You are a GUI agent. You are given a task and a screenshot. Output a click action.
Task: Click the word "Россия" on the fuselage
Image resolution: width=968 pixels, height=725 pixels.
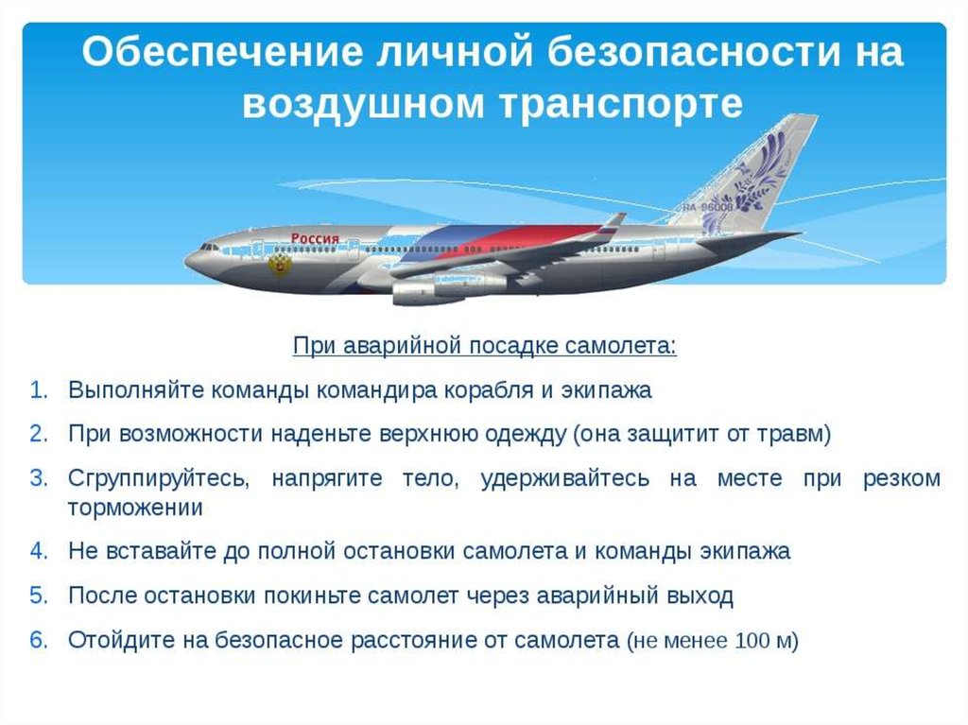315,239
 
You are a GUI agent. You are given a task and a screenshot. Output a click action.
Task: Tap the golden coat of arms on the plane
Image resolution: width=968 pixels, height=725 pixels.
280,265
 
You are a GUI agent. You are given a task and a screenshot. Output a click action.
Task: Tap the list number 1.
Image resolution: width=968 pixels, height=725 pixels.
38,390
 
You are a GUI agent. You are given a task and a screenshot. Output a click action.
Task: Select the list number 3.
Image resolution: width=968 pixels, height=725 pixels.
38,478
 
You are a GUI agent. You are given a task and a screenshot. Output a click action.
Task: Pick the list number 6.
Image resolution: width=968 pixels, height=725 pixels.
38,640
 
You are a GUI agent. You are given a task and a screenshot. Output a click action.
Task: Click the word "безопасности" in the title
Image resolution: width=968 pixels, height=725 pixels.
693,51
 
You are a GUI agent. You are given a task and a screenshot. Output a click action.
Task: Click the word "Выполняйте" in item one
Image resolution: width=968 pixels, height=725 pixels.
134,390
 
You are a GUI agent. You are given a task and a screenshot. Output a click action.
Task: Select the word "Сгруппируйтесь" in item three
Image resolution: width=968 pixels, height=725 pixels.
159,478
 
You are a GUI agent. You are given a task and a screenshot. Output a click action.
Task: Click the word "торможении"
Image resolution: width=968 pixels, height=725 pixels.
134,509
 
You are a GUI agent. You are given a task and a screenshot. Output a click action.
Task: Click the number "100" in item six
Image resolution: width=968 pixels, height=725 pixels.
752,640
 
